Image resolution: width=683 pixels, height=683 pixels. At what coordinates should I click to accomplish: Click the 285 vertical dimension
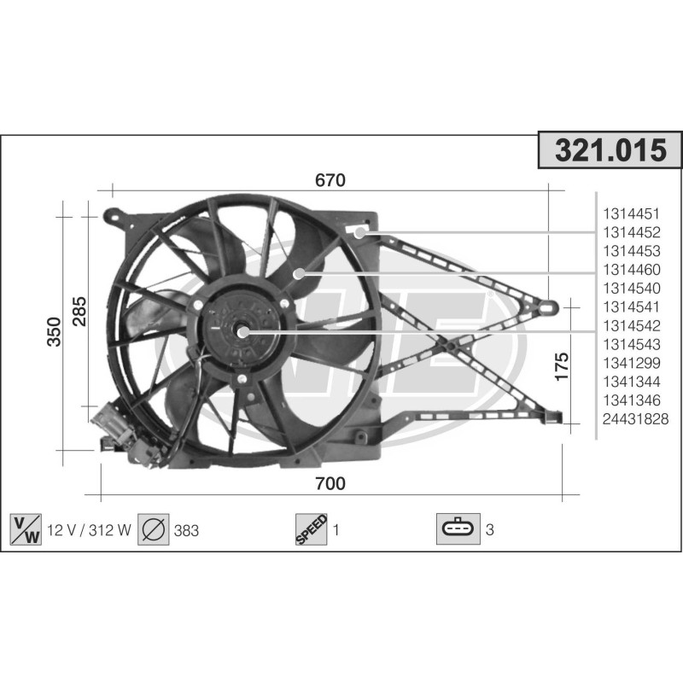coord(79,314)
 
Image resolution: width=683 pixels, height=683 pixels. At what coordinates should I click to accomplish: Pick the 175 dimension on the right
coord(561,365)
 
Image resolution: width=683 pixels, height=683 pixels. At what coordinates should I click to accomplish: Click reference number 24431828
coord(635,418)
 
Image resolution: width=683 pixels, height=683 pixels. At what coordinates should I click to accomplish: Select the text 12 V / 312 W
coord(89,530)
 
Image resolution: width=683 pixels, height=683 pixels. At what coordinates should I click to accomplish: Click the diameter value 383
coord(185,530)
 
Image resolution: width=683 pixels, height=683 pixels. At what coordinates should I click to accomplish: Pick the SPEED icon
coord(312,530)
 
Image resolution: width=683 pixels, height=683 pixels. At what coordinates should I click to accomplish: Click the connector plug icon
coord(458,530)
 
